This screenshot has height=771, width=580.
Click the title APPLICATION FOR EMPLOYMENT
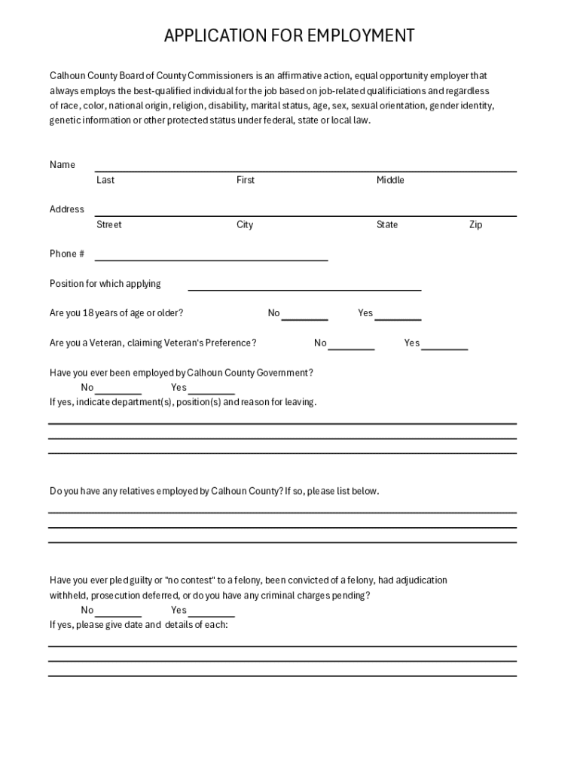pos(289,35)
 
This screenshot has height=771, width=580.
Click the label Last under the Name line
pos(105,180)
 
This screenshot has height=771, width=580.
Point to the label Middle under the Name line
pos(390,180)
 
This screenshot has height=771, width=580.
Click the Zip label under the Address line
pos(475,225)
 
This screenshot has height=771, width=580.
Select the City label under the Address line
pos(245,225)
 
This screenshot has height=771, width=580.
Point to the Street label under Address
pos(108,225)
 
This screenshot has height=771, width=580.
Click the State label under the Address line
pos(387,225)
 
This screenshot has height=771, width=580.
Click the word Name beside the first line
pos(63,165)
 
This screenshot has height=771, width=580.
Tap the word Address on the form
pos(67,209)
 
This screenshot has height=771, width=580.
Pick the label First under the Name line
pos(246,180)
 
